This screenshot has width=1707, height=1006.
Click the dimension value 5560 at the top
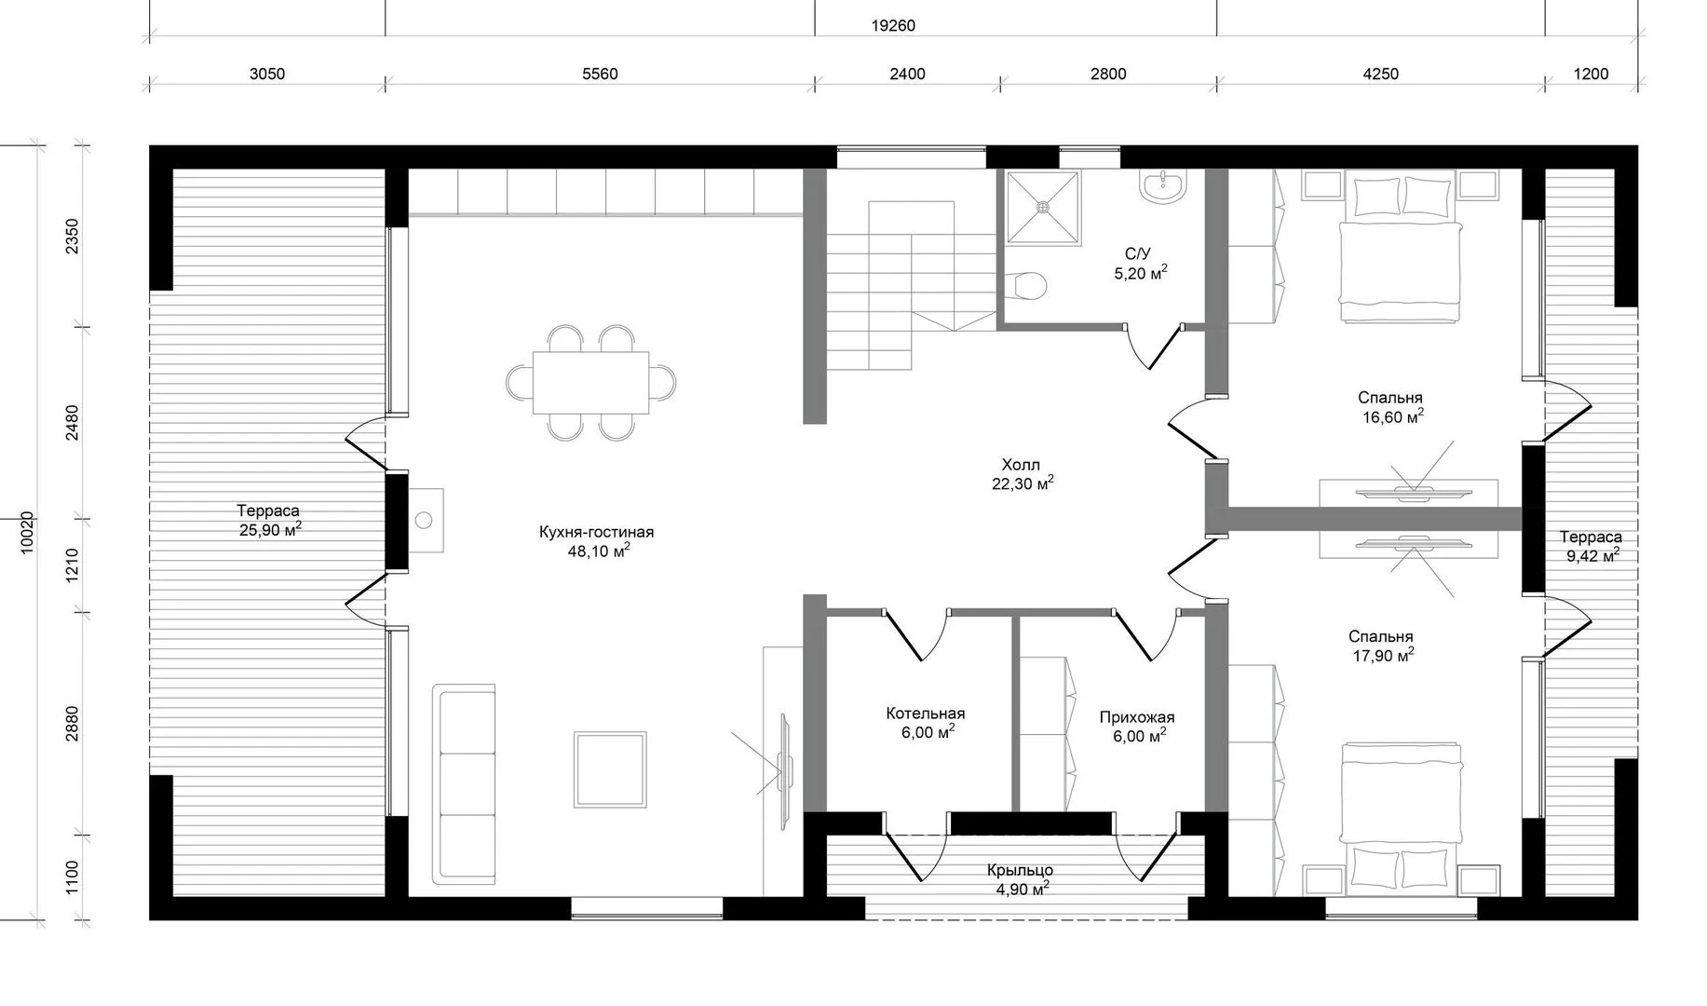pos(600,75)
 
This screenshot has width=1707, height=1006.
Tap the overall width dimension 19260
pos(893,26)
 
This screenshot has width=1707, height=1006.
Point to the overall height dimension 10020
pos(26,533)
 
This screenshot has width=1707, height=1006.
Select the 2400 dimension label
pos(908,75)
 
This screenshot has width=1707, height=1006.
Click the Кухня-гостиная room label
pos(596,532)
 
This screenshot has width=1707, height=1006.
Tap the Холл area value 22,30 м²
pos(1023,483)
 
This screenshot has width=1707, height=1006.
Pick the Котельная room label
pos(925,714)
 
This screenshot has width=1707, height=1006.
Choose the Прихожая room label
pos(1136,717)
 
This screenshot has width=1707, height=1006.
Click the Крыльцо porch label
pos(1020,870)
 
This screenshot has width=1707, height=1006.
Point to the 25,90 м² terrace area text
pos(270,529)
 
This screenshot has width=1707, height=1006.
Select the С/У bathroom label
pos(1138,254)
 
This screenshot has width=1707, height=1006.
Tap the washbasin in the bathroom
pos(1163,185)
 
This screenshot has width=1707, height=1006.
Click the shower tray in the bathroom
pos(1044,207)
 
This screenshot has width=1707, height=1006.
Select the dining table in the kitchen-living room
pos(591,382)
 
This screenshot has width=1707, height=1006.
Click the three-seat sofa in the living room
pos(464,784)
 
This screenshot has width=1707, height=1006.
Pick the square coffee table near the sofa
pos(611,768)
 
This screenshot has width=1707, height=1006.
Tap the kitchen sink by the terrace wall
pos(426,520)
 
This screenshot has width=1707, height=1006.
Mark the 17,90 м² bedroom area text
pos(1383,655)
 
